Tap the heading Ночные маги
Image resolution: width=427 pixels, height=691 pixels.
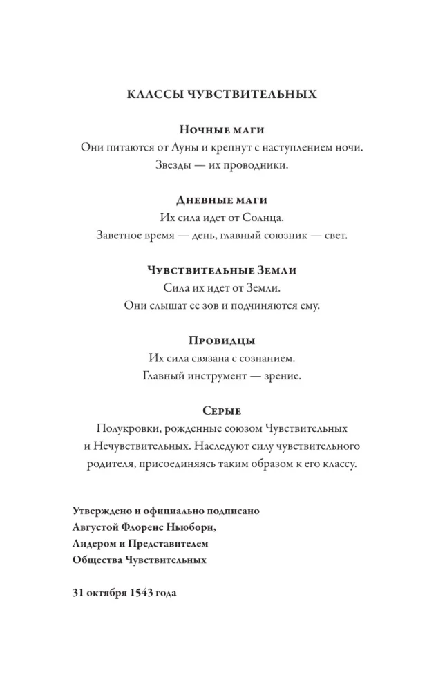pos(222,129)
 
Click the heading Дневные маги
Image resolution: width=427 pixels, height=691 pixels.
pos(222,200)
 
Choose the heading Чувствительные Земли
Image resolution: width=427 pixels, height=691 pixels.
pos(222,270)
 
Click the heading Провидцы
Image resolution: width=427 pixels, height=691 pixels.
pos(222,341)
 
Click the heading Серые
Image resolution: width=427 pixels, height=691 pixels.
pos(222,411)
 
